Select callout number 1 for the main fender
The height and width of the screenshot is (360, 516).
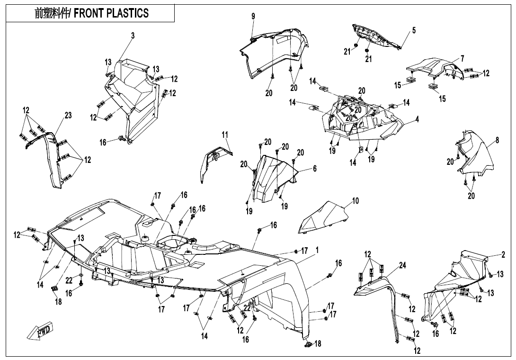[x=317, y=250]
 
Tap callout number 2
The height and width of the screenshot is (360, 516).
[x=504, y=254]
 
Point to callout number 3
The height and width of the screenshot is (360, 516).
[x=133, y=36]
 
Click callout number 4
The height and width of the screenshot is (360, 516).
[x=417, y=119]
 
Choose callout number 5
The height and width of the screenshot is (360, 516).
[x=414, y=31]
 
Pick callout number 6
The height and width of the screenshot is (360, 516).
[x=314, y=169]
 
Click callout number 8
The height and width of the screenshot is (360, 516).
[x=497, y=140]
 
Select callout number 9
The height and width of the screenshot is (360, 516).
[x=253, y=17]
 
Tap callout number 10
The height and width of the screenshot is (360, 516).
[x=356, y=201]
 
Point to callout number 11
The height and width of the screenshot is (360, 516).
[x=225, y=135]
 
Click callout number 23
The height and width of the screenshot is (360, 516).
[x=68, y=115]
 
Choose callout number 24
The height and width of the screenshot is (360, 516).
[x=402, y=266]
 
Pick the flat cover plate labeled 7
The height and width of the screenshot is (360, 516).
[x=433, y=66]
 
